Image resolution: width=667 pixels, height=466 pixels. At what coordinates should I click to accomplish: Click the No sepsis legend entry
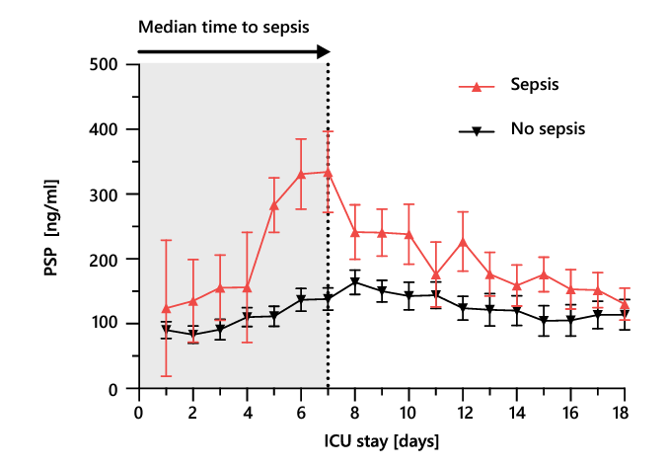pyautogui.click(x=548, y=128)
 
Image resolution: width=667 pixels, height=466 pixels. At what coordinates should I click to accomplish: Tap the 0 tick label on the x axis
pyautogui.click(x=138, y=411)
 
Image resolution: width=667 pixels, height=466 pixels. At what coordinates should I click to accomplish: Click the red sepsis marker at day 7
pyautogui.click(x=328, y=172)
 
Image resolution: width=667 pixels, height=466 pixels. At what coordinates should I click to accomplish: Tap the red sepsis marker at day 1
pyautogui.click(x=166, y=309)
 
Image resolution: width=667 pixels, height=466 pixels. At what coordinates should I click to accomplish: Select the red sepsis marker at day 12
pyautogui.click(x=463, y=241)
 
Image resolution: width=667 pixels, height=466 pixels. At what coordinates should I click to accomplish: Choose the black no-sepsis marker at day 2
pyautogui.click(x=192, y=336)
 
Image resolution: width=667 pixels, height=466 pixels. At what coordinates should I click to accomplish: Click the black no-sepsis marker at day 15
pyautogui.click(x=543, y=321)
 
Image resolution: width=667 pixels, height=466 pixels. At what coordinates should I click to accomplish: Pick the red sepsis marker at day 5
pyautogui.click(x=273, y=205)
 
